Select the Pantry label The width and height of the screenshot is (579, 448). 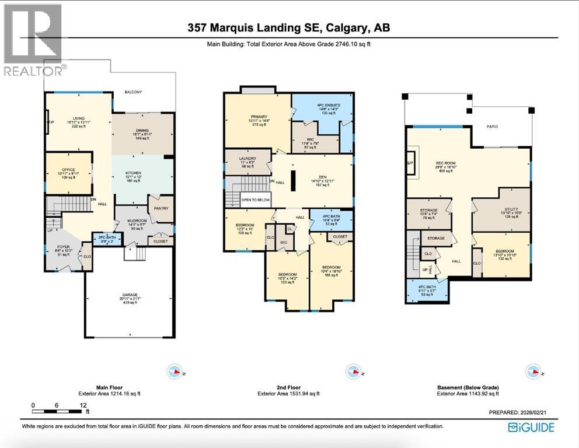pos(161,207)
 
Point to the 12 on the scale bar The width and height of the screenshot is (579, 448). pos(84,404)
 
